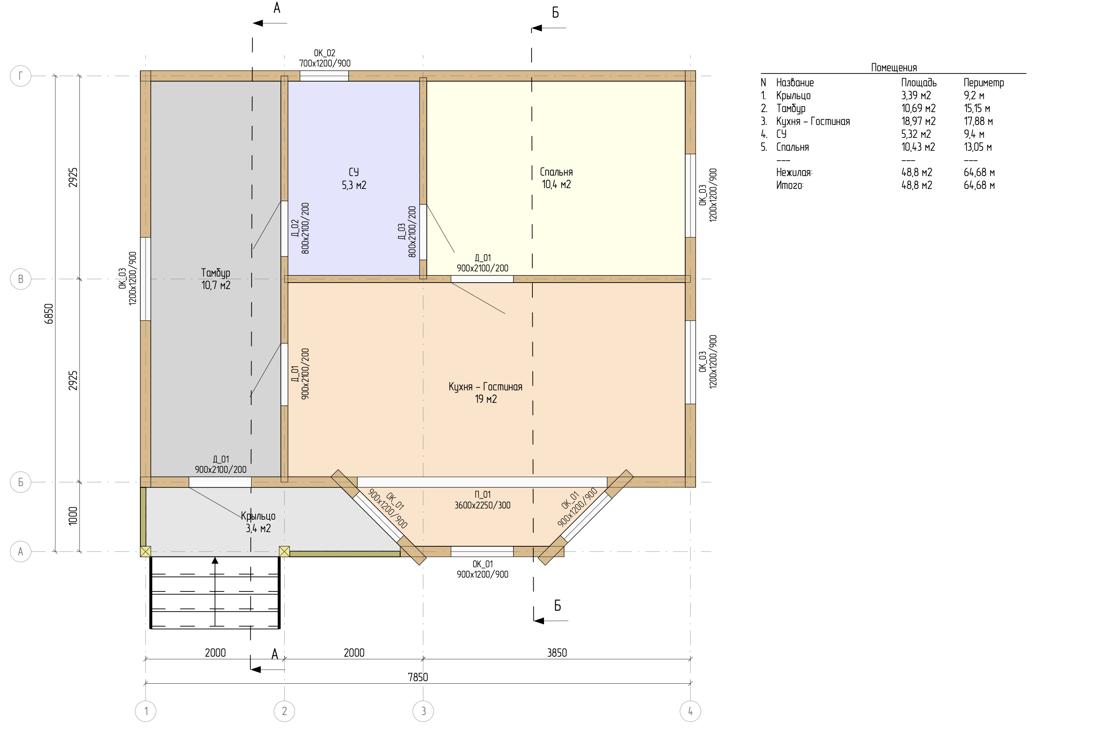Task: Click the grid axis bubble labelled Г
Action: pyautogui.click(x=20, y=76)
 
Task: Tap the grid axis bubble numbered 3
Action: pyautogui.click(x=423, y=711)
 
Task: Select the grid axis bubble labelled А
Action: pyautogui.click(x=20, y=551)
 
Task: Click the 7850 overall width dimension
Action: pyautogui.click(x=418, y=677)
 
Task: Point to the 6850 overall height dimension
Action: pyautogui.click(x=49, y=314)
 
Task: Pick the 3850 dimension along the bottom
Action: pyautogui.click(x=557, y=652)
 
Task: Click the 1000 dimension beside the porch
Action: pyautogui.click(x=73, y=516)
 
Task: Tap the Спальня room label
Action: pyautogui.click(x=556, y=172)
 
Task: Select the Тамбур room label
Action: pyautogui.click(x=216, y=273)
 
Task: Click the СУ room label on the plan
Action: pyautogui.click(x=354, y=172)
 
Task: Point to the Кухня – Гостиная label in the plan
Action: pyautogui.click(x=486, y=387)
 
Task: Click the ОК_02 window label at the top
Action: pyautogui.click(x=324, y=53)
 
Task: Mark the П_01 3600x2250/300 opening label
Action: pyautogui.click(x=483, y=499)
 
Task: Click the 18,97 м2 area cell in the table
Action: pyautogui.click(x=918, y=121)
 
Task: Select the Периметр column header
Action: pyautogui.click(x=984, y=83)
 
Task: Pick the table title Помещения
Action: pyautogui.click(x=894, y=67)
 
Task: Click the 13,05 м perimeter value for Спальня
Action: pyautogui.click(x=978, y=147)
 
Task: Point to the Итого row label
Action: pyautogui.click(x=790, y=185)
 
